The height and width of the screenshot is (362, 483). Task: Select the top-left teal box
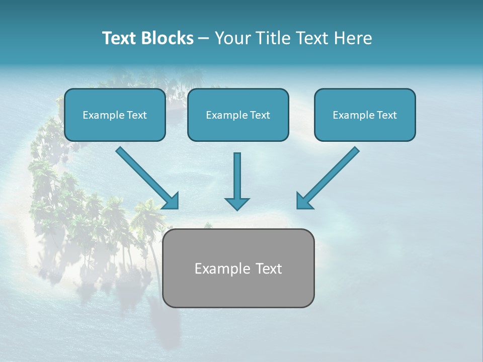[115, 115]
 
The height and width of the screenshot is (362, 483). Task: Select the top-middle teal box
[238, 115]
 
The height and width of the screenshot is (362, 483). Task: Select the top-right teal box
[365, 115]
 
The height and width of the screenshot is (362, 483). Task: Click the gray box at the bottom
[238, 268]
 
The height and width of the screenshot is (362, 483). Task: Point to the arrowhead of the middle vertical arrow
[237, 204]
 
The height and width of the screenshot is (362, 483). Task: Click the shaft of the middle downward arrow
[237, 173]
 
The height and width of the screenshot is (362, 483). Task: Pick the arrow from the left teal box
[146, 176]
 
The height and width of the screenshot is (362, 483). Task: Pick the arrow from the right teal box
[329, 176]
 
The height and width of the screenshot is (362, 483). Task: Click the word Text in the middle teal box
[260, 115]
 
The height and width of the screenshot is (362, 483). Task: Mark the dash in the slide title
[204, 38]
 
